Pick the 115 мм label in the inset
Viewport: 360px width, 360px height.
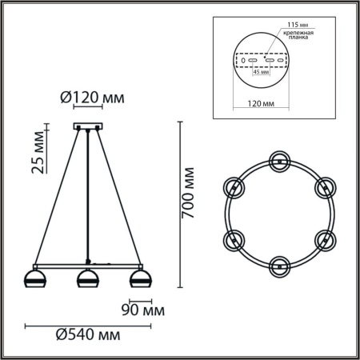(x=289, y=25)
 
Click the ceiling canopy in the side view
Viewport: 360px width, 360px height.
(x=86, y=126)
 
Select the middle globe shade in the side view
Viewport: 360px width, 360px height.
(x=86, y=279)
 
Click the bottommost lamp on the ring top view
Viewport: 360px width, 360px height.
(x=279, y=264)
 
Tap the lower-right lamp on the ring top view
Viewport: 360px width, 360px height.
(x=324, y=238)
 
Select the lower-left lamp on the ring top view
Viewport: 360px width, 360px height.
(x=234, y=238)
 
